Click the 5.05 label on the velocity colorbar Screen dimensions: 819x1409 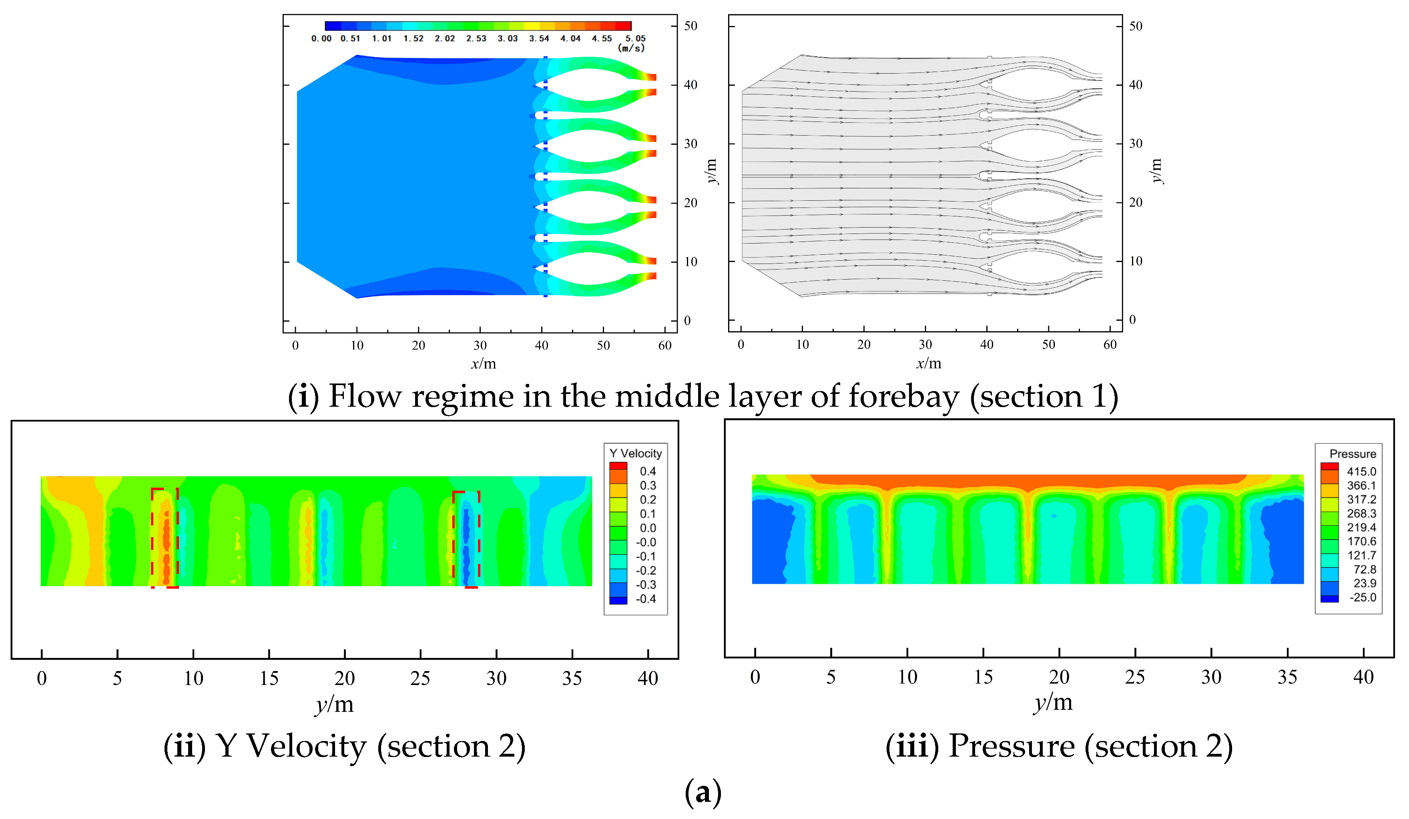635,38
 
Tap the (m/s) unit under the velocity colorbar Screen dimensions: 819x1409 631,48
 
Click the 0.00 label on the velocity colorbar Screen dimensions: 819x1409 321,38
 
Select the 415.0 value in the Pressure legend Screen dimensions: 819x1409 1361,471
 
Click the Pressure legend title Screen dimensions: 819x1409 1352,453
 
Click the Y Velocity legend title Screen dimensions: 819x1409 635,453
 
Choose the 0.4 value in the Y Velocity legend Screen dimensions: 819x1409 648,471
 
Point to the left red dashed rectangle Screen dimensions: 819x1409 165,537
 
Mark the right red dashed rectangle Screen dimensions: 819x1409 466,539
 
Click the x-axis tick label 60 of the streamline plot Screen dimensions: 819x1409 1110,345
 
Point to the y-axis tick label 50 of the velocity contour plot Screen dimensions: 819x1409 690,26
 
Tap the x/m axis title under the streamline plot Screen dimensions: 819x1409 928,364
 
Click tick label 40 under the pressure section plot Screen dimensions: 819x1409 1363,677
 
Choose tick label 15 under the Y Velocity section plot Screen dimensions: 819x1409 269,678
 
